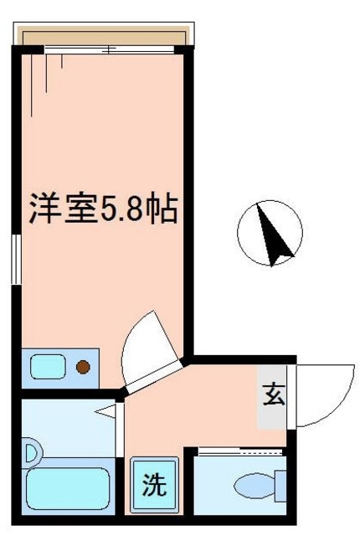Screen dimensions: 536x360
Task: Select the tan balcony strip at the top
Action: click(105, 38)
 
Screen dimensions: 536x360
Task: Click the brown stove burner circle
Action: click(83, 366)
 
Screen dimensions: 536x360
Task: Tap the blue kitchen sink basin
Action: click(46, 366)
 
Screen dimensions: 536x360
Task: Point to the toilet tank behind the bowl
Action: click(280, 485)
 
